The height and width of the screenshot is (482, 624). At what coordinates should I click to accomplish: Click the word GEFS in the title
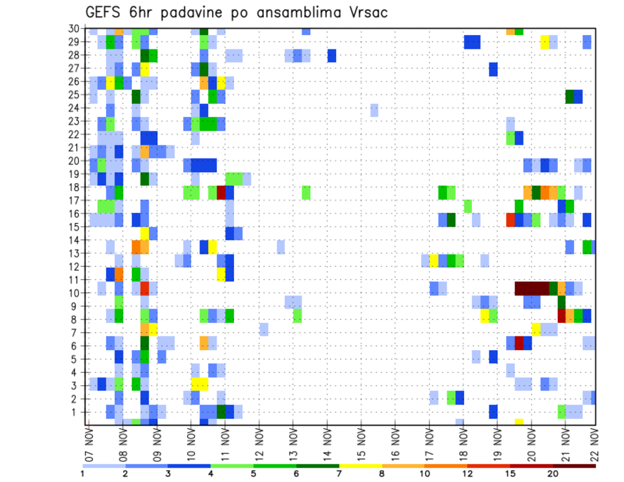point(103,12)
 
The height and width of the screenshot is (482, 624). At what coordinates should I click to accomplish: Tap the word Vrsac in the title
point(366,12)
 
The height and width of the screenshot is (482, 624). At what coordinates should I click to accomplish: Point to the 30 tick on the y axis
point(75,29)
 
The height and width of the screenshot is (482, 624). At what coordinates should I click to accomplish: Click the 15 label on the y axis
point(75,227)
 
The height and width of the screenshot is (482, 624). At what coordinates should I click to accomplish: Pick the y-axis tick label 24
point(75,108)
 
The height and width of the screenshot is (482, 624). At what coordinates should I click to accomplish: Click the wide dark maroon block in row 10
point(532,288)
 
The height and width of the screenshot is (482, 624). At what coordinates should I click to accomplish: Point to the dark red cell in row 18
point(221,192)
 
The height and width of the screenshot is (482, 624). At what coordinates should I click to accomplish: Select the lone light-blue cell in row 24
point(374,110)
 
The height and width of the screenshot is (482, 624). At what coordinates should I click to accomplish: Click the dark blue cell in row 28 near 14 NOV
point(331,55)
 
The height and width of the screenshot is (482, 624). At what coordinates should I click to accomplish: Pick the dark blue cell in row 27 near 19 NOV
point(493,69)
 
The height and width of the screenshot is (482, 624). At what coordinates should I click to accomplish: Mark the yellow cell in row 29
point(545,42)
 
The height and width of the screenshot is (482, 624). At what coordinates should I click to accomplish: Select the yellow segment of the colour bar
point(360,466)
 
